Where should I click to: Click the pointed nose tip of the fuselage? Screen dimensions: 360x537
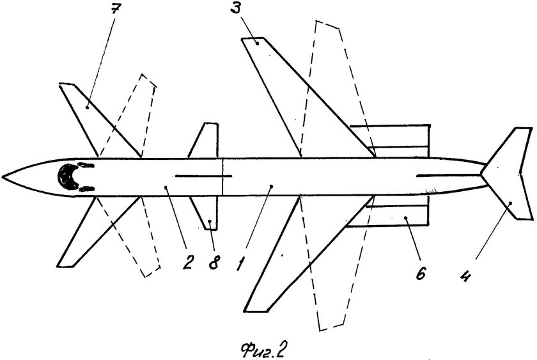(4, 174)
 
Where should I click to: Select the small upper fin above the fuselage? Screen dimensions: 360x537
(206, 141)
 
